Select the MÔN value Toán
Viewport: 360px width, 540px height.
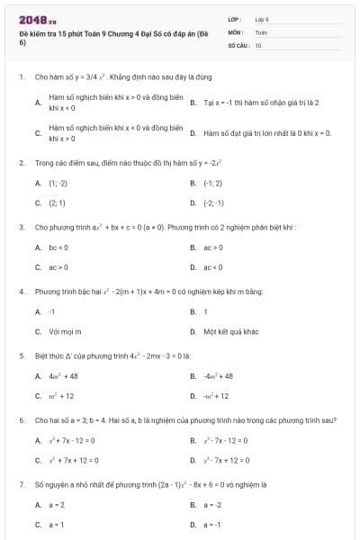pos(261,31)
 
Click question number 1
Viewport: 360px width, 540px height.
pos(21,78)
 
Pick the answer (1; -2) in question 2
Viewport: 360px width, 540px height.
pos(58,182)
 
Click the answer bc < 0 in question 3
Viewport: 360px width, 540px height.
pos(59,247)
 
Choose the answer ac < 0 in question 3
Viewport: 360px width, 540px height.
pos(213,267)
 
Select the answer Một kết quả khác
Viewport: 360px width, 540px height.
pos(231,332)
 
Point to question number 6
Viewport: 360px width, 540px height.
pos(21,420)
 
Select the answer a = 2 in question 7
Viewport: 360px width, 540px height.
pos(58,505)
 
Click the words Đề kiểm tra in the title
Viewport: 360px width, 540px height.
pos(40,32)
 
